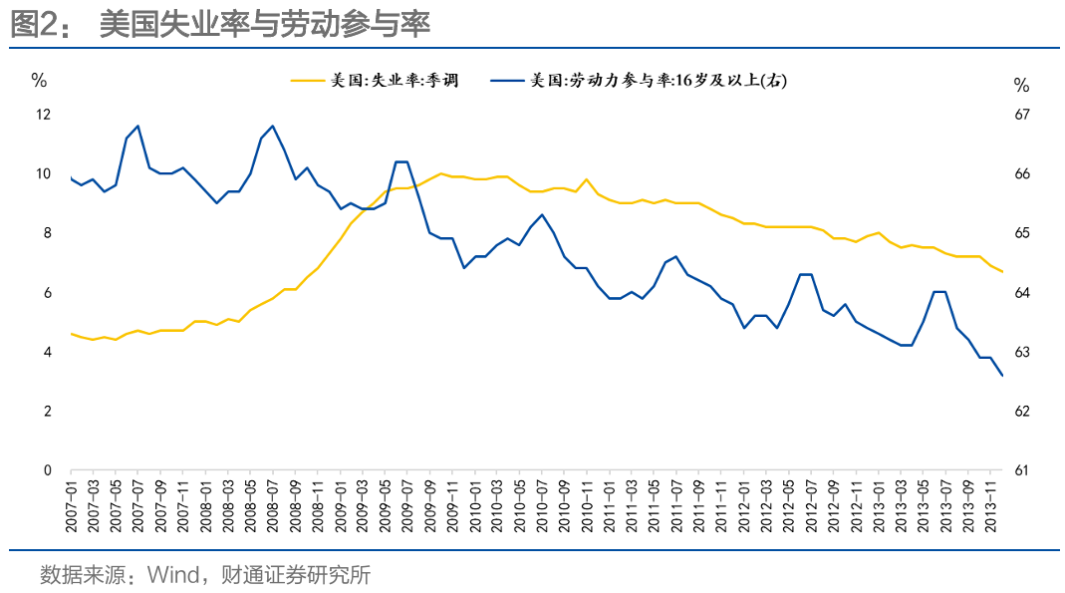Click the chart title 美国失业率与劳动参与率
264,24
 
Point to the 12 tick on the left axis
43,115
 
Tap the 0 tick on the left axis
47,470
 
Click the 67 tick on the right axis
1021,115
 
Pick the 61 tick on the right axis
1021,470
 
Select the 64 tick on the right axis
1021,293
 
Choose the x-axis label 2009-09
429,506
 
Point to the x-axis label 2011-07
675,506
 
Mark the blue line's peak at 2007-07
137,126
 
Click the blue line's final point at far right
1001,376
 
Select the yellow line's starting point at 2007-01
71,334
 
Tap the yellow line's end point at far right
1001,272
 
